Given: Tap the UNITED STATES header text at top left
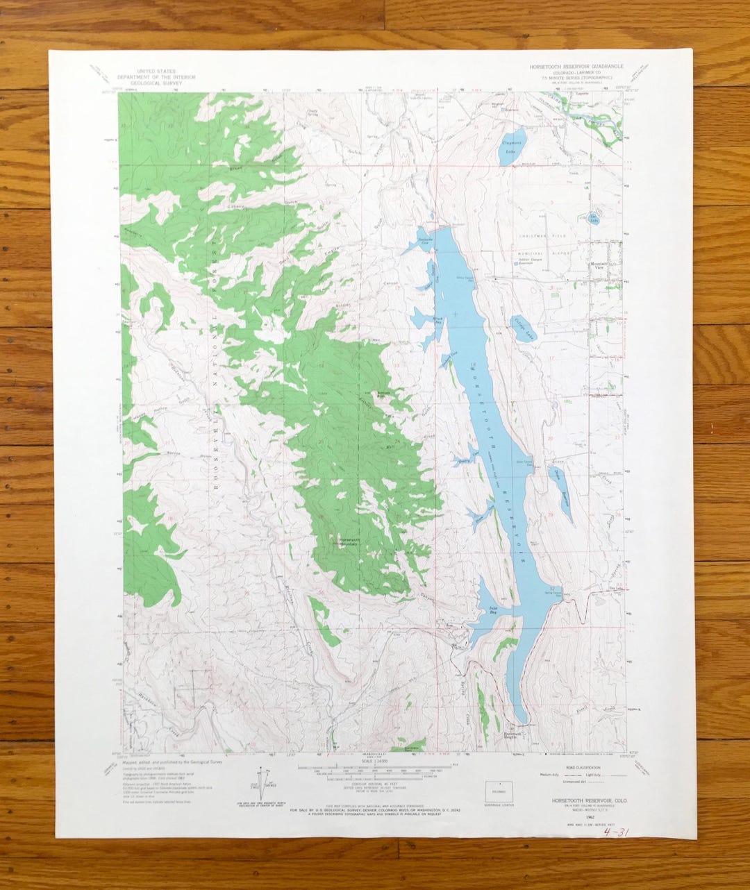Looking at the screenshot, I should tap(156, 72).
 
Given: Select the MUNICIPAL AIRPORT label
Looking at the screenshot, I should tap(534, 253).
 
